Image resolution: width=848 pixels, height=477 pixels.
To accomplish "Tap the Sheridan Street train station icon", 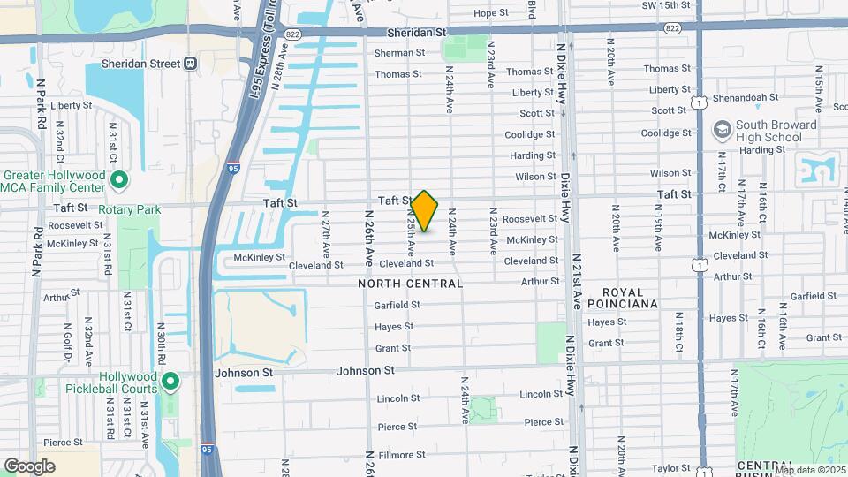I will (190, 64).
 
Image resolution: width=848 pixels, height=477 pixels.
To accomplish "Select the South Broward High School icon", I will (722, 130).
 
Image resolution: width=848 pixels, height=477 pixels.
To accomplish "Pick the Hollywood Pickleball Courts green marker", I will (171, 382).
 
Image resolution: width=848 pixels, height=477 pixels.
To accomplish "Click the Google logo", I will (29, 466).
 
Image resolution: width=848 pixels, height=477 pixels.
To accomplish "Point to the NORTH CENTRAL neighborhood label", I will (411, 284).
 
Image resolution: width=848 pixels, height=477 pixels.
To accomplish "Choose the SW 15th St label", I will (665, 5).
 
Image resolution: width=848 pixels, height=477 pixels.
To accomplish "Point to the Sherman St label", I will (399, 53).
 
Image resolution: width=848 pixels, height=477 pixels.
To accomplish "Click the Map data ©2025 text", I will (811, 470).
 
